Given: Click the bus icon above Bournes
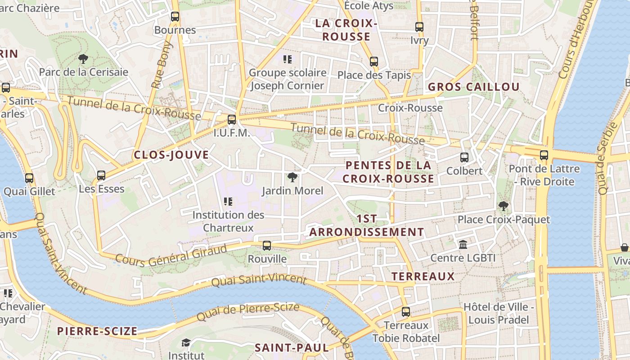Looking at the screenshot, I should [x=175, y=17].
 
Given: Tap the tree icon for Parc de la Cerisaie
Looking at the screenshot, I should [x=83, y=58].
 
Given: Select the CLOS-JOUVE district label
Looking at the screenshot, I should [x=171, y=155].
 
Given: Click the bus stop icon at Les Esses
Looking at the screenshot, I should [x=101, y=175].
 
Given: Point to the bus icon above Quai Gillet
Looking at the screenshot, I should [x=29, y=178].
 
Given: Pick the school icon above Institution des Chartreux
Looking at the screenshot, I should [x=228, y=202].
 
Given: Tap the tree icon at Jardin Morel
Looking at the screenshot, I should [x=292, y=177].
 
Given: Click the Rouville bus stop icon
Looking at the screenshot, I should [x=267, y=246].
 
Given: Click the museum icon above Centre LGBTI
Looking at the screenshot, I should [x=463, y=245].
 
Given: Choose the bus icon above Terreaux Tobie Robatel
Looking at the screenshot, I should [x=406, y=311].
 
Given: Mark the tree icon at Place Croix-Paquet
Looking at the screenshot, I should [x=504, y=206].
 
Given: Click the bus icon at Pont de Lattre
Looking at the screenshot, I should [x=544, y=155].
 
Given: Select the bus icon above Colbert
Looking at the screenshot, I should [x=464, y=157].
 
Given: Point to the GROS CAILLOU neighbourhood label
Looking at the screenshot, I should [x=473, y=87].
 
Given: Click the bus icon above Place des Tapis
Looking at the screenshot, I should [x=374, y=62].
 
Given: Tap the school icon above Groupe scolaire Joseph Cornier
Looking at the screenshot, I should [x=288, y=59].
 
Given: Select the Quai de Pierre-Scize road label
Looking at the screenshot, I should [x=248, y=312].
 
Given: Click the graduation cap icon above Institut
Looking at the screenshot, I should [x=186, y=343].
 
